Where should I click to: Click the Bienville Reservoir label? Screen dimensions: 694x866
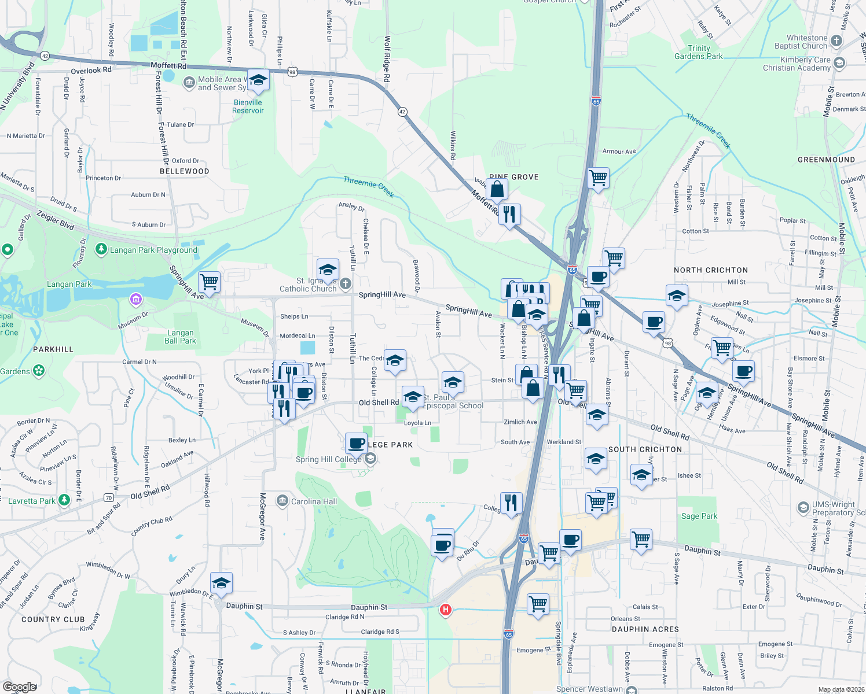coord(248,106)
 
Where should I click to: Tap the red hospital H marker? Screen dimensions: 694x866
coord(445,610)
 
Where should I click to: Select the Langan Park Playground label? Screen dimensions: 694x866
coord(153,250)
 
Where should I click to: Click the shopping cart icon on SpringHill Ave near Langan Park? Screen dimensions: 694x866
coord(209,282)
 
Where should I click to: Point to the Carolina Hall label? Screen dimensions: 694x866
coord(314,501)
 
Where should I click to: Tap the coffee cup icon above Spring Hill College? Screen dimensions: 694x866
coord(357,444)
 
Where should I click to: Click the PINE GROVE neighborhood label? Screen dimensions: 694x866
coord(514,177)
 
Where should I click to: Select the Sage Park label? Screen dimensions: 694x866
coord(699,516)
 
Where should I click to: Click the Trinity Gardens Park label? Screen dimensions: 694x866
coord(699,52)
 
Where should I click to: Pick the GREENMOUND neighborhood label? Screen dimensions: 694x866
coord(826,160)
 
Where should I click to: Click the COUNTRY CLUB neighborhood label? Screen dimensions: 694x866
coord(53,619)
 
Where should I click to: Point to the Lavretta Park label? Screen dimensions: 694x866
coord(32,501)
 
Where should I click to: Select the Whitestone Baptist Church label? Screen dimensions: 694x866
coord(801,42)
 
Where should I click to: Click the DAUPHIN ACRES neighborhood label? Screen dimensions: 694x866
coord(645,629)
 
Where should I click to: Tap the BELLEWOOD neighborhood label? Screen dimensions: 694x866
coord(185,171)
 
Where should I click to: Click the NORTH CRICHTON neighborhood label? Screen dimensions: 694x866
coord(711,270)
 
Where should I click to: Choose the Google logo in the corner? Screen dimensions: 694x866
coord(20,687)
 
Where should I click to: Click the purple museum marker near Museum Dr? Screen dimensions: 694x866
coord(136,299)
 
